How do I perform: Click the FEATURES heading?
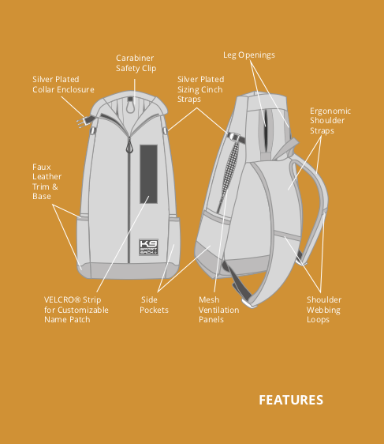[x=291, y=400]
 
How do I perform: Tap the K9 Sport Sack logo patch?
[x=148, y=247]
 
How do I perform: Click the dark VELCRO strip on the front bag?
[x=148, y=174]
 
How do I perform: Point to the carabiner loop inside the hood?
[x=130, y=107]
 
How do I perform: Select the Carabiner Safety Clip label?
[x=136, y=63]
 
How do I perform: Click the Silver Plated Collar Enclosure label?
[x=63, y=85]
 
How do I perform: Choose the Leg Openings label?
[x=249, y=55]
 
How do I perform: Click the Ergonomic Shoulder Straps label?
[x=330, y=121]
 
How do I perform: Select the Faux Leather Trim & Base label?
[x=47, y=182]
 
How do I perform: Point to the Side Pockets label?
[x=154, y=305]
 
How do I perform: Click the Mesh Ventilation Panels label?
[x=218, y=310]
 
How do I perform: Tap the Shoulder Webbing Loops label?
[x=324, y=310]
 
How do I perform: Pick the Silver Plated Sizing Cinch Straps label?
[x=200, y=89]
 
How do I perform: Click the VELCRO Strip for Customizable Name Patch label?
[x=76, y=310]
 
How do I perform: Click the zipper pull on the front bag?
[x=129, y=145]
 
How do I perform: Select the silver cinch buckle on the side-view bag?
[x=234, y=137]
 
